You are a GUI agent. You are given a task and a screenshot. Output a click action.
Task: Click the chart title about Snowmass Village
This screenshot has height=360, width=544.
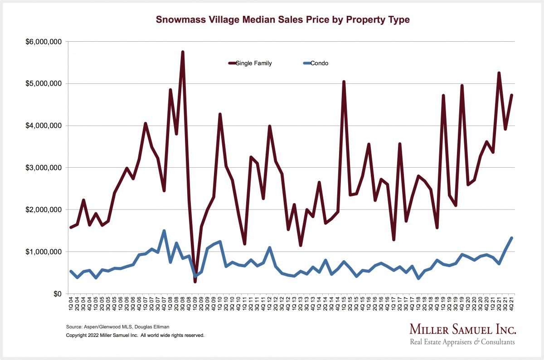click(x=282, y=20)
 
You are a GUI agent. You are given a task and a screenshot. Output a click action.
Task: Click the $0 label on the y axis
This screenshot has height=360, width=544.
click(x=56, y=294)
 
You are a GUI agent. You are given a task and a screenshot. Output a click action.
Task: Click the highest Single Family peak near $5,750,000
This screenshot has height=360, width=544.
click(x=183, y=52)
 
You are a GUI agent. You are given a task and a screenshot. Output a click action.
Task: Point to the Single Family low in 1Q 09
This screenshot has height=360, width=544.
click(x=195, y=282)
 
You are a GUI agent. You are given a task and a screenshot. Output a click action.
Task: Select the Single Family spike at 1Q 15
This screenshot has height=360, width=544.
click(x=344, y=82)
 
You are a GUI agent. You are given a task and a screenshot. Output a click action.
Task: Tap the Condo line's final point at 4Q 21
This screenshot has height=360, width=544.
click(x=511, y=238)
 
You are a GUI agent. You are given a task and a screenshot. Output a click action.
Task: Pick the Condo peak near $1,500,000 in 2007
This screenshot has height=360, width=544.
click(x=164, y=231)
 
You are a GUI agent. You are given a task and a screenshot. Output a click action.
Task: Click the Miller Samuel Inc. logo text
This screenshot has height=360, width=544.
click(x=462, y=329)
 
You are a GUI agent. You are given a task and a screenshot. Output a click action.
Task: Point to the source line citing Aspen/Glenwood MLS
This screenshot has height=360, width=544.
click(x=109, y=326)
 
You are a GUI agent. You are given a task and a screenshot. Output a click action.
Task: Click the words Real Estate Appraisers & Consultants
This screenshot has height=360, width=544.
click(x=462, y=342)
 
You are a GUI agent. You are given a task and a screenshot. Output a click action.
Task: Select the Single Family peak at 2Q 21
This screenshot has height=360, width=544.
click(x=499, y=73)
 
